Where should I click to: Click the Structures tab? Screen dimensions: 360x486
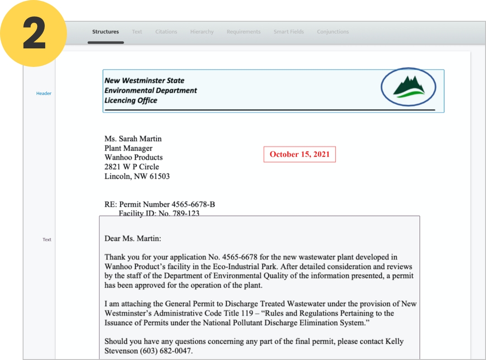tap(105, 32)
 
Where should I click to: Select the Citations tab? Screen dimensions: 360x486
tap(166, 32)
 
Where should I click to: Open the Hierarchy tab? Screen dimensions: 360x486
tap(202, 32)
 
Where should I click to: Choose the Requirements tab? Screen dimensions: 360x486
tap(243, 32)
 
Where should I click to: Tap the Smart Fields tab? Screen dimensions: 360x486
tap(289, 32)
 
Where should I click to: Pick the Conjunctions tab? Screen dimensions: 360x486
tap(333, 32)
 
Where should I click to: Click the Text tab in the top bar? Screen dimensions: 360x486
tap(137, 32)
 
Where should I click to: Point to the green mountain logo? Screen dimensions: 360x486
tap(408, 86)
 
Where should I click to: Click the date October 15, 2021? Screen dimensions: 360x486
tap(300, 154)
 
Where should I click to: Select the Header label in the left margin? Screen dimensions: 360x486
tap(44, 94)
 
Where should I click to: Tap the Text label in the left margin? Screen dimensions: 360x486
tap(47, 240)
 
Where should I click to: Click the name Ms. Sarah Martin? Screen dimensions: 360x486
tap(133, 139)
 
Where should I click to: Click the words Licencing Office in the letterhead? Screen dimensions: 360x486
tap(131, 100)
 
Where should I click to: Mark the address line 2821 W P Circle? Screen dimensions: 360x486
tap(132, 167)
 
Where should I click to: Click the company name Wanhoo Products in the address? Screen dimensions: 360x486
tap(133, 157)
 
